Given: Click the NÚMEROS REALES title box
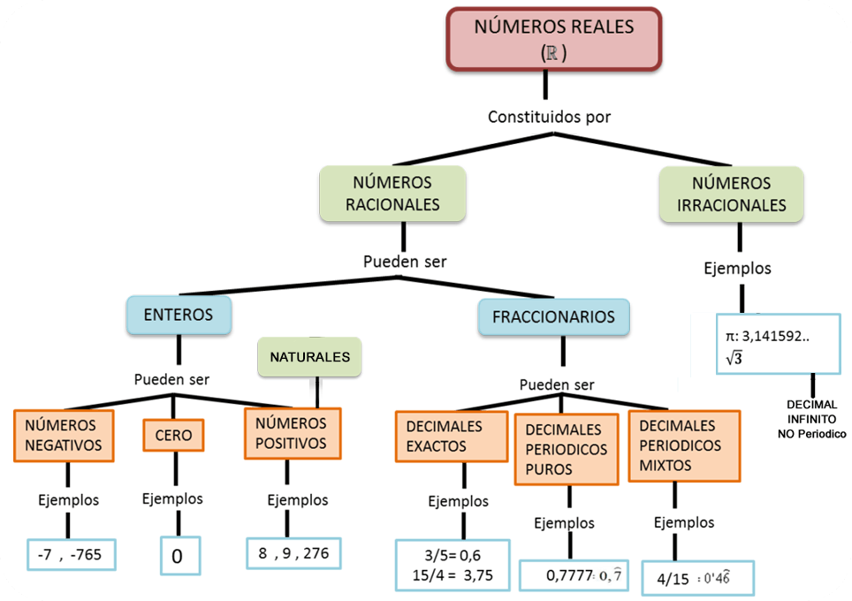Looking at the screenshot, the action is pyautogui.click(x=553, y=39).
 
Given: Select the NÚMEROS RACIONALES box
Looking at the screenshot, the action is pyautogui.click(x=392, y=194).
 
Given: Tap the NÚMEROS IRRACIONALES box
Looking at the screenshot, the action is pyautogui.click(x=732, y=194).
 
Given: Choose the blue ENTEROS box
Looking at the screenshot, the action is pyautogui.click(x=179, y=315).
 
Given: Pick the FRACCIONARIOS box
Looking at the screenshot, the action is pyautogui.click(x=553, y=316).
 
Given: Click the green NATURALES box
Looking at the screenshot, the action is pyautogui.click(x=309, y=356).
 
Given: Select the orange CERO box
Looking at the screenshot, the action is pyautogui.click(x=173, y=435).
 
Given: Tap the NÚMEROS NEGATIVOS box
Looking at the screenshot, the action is pyautogui.click(x=64, y=436).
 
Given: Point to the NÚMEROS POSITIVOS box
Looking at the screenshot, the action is pyautogui.click(x=293, y=434).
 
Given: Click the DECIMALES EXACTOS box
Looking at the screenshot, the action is pyautogui.click(x=452, y=437).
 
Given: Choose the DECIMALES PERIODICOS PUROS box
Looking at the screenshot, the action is pyautogui.click(x=567, y=449).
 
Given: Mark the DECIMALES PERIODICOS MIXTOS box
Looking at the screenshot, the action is pyautogui.click(x=684, y=446).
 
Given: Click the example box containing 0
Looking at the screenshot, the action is pyautogui.click(x=180, y=555).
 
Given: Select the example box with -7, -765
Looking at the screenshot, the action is pyautogui.click(x=72, y=554).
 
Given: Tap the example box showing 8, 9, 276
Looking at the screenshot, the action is pyautogui.click(x=293, y=553).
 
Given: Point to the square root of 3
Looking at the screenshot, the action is pyautogui.click(x=734, y=358).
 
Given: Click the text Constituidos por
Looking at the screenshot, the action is pyautogui.click(x=549, y=117).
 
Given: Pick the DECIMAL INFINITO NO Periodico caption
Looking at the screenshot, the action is pyautogui.click(x=812, y=419).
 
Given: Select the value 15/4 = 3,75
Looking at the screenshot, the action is pyautogui.click(x=453, y=575).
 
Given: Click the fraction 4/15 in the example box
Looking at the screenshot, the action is pyautogui.click(x=673, y=579).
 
